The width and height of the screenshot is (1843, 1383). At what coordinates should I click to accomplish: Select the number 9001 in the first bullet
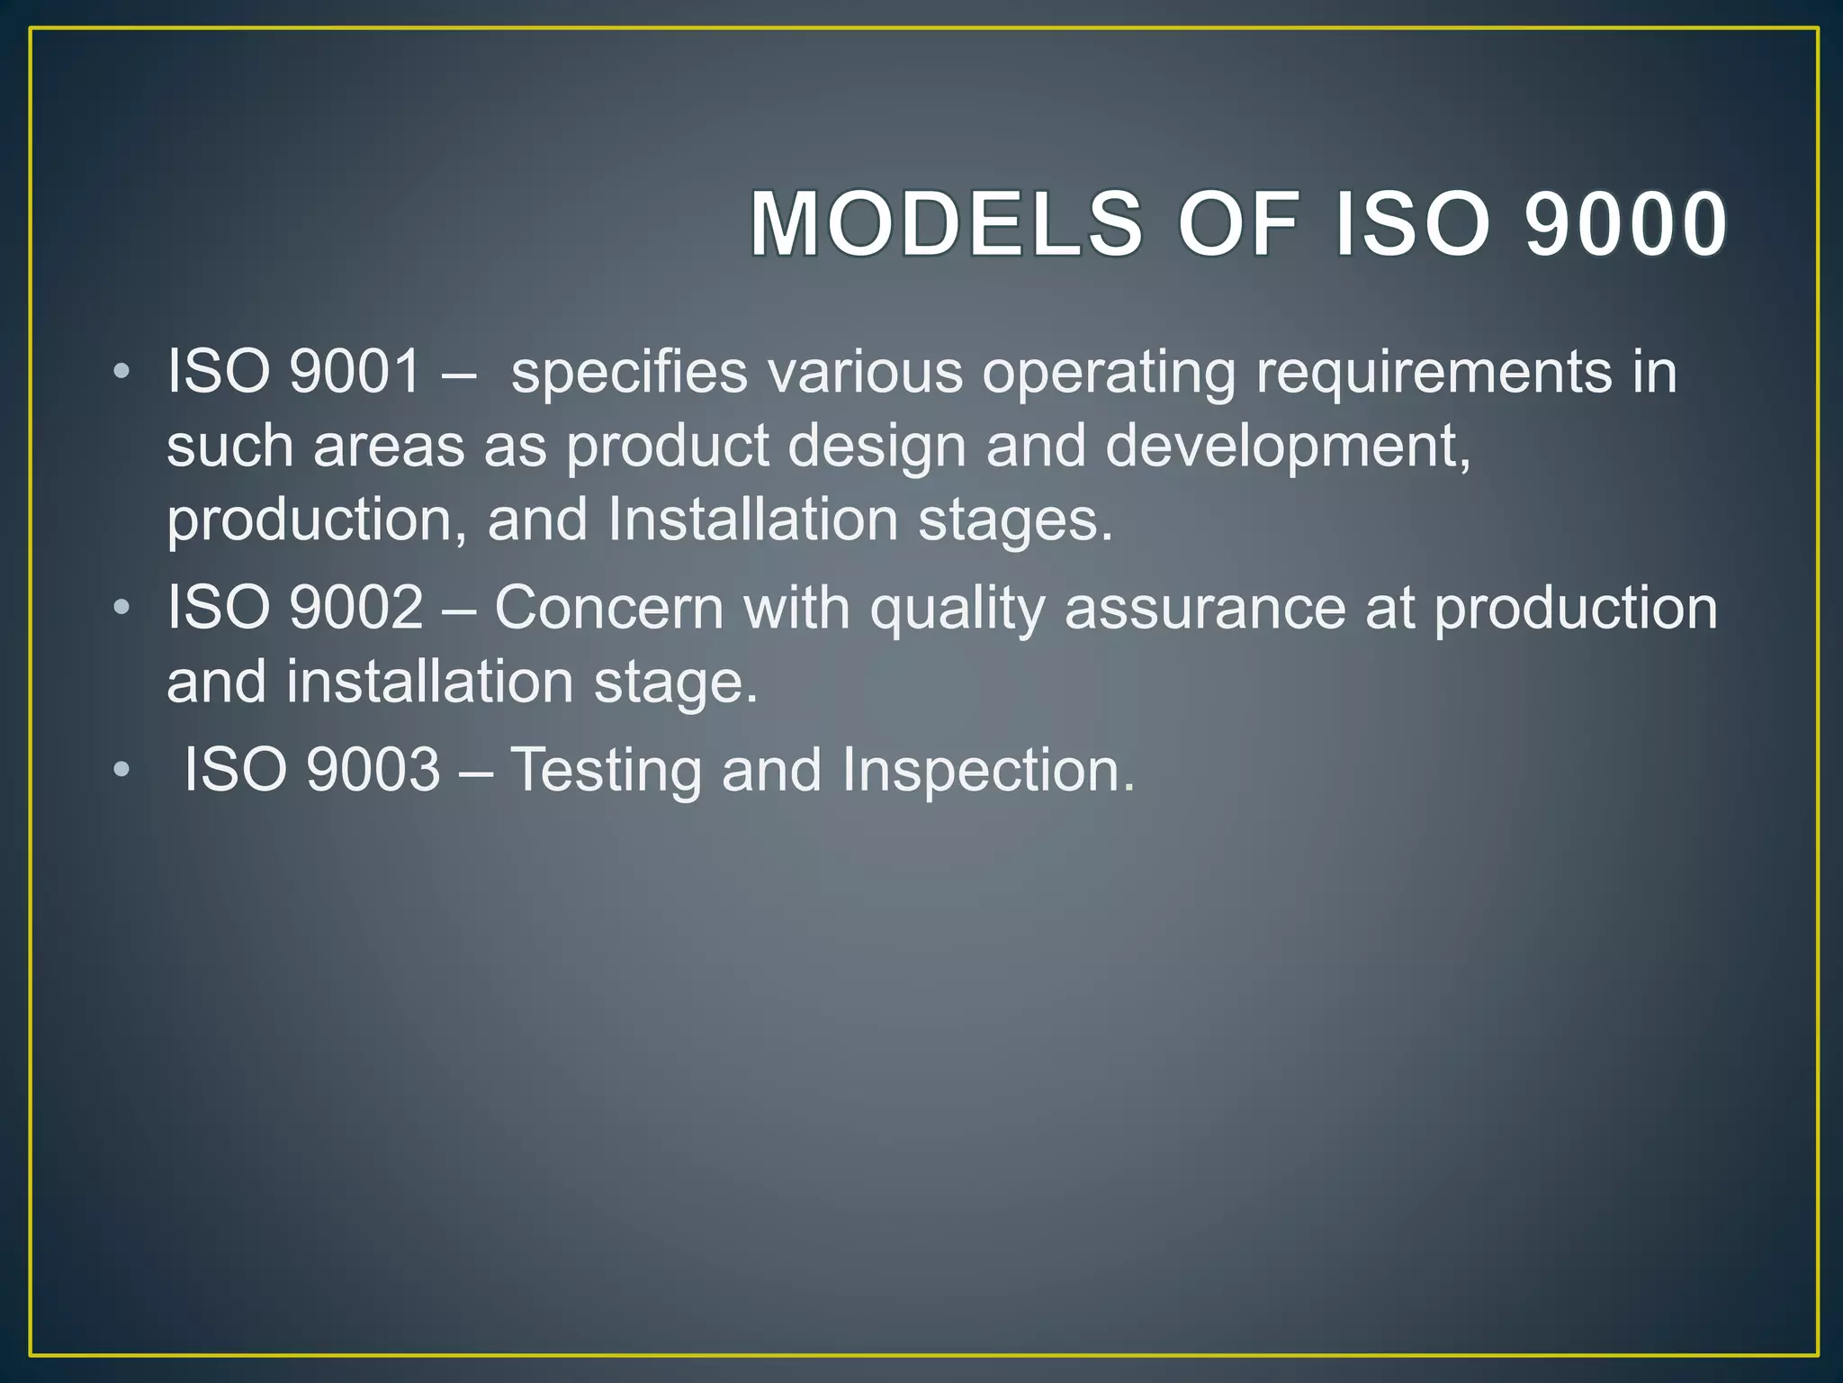click(x=355, y=371)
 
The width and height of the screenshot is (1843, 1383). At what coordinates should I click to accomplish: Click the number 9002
click(x=356, y=607)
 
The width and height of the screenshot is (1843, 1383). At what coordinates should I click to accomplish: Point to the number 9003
click(x=373, y=770)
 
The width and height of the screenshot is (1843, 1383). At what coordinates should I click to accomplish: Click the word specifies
click(x=629, y=373)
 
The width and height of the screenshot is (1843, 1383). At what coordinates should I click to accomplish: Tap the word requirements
click(x=1434, y=373)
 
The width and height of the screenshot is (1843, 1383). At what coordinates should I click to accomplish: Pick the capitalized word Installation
click(x=753, y=520)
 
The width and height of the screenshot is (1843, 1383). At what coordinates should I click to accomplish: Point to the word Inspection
click(x=987, y=772)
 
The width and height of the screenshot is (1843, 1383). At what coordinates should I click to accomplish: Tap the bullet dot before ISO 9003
click(x=122, y=771)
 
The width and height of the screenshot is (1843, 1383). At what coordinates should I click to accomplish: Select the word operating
click(x=1109, y=373)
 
